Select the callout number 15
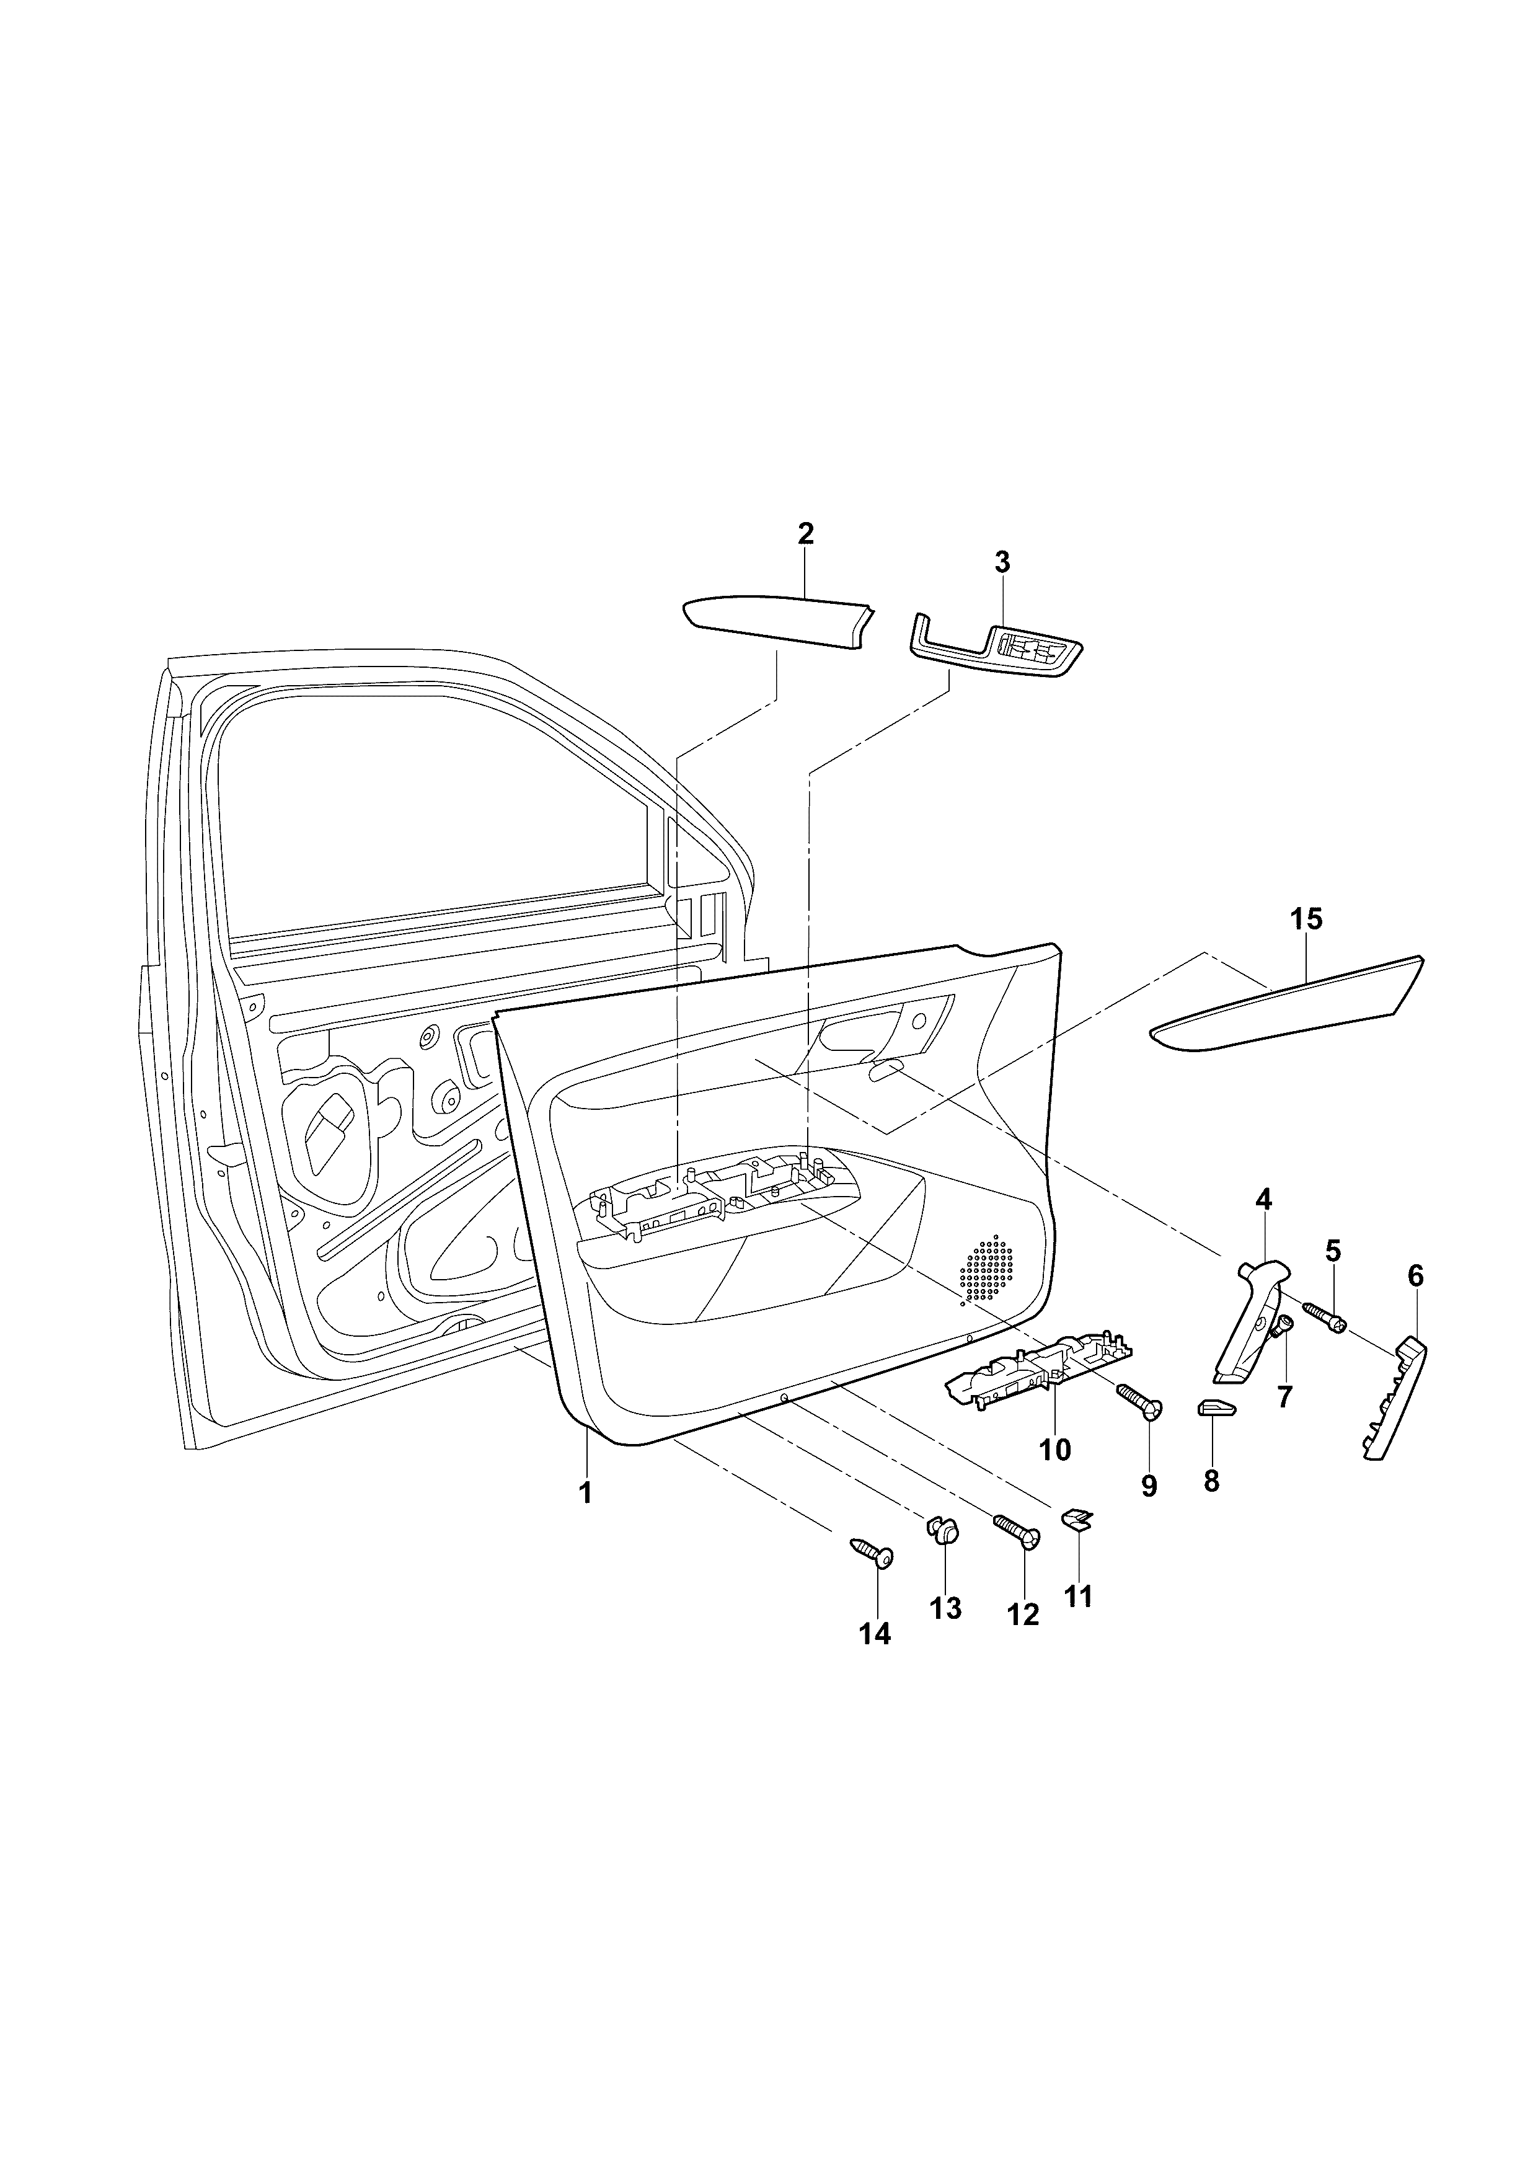(1306, 919)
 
